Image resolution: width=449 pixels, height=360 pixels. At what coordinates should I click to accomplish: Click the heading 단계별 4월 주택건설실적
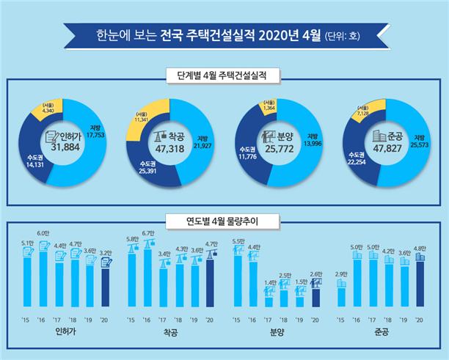click(x=224, y=75)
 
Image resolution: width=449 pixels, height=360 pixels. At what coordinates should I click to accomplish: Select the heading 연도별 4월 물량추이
click(x=224, y=218)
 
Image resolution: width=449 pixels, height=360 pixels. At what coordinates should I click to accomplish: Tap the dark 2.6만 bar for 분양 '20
click(x=315, y=297)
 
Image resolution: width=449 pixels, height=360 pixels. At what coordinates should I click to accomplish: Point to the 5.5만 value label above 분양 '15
click(x=237, y=241)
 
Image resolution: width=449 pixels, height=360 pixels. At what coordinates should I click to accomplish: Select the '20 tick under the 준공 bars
click(x=420, y=320)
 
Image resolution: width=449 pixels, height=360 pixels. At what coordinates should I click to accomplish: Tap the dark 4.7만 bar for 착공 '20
click(x=211, y=282)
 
